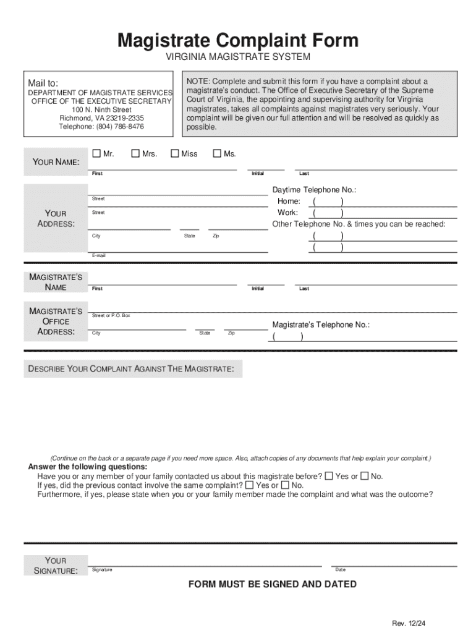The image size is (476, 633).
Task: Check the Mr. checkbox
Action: (x=96, y=153)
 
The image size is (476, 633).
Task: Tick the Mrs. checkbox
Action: (x=136, y=153)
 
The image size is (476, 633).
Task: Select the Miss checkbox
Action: (x=175, y=153)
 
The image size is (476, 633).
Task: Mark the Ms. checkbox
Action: (x=217, y=153)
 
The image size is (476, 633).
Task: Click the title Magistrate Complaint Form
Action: (x=238, y=41)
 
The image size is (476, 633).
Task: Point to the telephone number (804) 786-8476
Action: (x=101, y=127)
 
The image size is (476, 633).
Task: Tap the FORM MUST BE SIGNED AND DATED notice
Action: (x=273, y=584)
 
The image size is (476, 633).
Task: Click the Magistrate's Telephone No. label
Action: (x=321, y=325)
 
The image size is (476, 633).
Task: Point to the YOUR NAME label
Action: (x=56, y=162)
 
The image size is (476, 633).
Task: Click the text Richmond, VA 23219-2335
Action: (x=101, y=118)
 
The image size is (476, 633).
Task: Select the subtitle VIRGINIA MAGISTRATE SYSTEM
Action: (x=237, y=57)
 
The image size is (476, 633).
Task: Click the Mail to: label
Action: (x=43, y=83)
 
